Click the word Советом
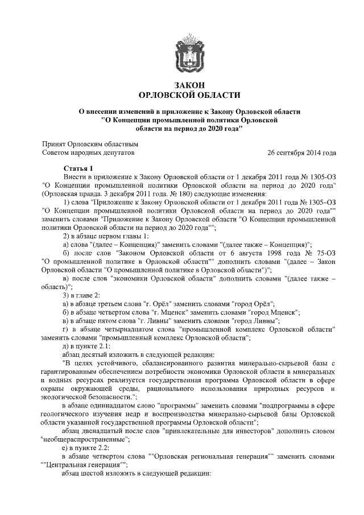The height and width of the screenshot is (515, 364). tap(56, 153)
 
